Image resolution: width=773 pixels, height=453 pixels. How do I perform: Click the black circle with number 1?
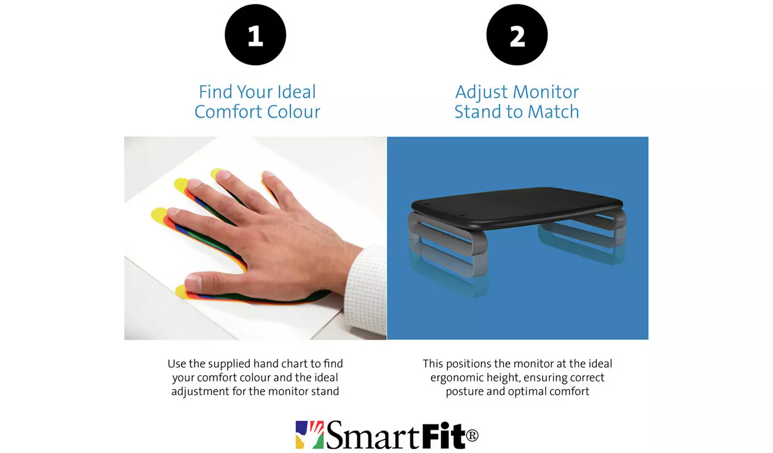tap(255, 35)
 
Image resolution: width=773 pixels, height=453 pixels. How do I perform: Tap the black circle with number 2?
tap(517, 35)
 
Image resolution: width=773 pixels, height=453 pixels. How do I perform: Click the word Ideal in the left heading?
tap(296, 92)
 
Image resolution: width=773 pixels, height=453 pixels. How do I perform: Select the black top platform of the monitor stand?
tap(515, 206)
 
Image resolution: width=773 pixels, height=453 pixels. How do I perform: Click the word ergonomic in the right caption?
tap(457, 377)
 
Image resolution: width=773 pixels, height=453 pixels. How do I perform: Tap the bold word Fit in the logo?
tap(444, 435)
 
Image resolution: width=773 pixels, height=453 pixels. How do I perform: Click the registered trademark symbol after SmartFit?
tap(472, 435)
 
